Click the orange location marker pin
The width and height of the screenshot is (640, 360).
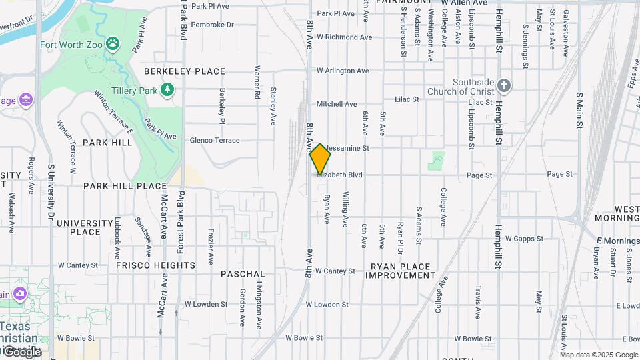point(320,159)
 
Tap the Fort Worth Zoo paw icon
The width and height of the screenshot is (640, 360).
point(115,45)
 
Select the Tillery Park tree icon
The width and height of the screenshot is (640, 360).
point(167,89)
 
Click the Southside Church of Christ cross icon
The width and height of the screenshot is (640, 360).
point(504,86)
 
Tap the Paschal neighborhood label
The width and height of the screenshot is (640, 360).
point(243,274)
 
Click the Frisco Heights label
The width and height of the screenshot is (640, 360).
point(155,265)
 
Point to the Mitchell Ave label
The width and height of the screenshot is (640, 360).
point(337,104)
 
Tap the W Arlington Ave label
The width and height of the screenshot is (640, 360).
point(343,71)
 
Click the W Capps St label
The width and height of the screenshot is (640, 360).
point(527,238)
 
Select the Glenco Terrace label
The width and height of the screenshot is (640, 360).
point(215,141)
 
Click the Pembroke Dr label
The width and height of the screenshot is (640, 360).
point(213,25)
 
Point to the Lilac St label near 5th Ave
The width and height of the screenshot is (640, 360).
point(407,99)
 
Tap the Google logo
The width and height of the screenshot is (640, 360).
point(21,351)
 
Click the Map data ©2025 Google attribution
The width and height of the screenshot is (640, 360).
point(599,355)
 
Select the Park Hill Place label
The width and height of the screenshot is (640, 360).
point(125,186)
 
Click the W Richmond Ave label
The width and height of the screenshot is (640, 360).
point(343,37)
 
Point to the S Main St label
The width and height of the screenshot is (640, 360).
point(580,111)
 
